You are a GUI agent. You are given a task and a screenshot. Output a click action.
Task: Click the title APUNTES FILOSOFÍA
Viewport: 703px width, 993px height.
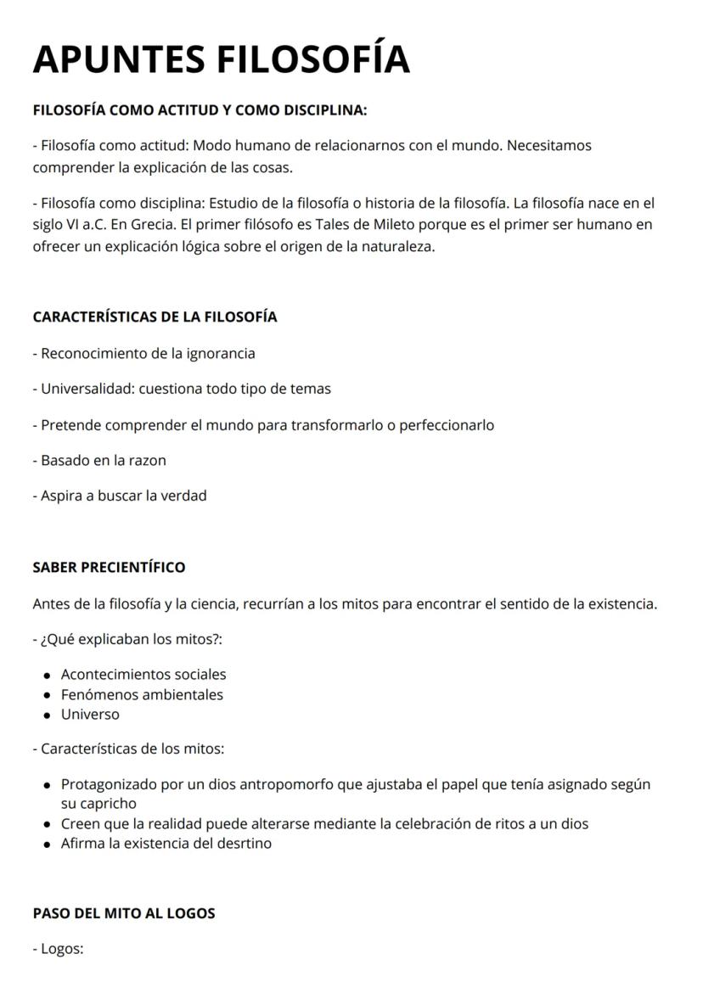pos(221,59)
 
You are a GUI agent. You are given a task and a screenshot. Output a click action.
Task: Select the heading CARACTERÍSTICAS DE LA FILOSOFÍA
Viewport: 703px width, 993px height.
pos(155,317)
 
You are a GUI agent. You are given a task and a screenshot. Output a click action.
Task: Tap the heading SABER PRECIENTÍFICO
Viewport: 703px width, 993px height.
pos(109,567)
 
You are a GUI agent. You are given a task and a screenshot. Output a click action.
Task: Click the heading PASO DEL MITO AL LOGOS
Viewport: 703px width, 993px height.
pos(124,913)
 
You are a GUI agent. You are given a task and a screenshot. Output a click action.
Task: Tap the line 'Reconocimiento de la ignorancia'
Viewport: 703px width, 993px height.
pos(144,353)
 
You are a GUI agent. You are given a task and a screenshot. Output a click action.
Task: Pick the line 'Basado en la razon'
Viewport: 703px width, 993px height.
pos(99,460)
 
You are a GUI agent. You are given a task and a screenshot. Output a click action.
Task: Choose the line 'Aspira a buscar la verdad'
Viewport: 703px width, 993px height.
pos(120,496)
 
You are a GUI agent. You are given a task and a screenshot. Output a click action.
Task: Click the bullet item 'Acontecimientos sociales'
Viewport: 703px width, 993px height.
pos(143,675)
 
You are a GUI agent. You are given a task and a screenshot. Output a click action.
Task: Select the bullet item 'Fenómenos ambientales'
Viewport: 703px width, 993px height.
pos(142,694)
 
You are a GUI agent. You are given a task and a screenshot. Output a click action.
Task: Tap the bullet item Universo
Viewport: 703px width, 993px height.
pos(90,714)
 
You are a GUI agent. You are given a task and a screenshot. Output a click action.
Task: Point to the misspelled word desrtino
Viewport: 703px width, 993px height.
pos(244,844)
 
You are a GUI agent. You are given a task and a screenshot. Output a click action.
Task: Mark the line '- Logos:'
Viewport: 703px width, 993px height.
pos(59,949)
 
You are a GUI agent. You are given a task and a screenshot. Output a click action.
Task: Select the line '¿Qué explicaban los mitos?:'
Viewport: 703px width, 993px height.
pos(128,639)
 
